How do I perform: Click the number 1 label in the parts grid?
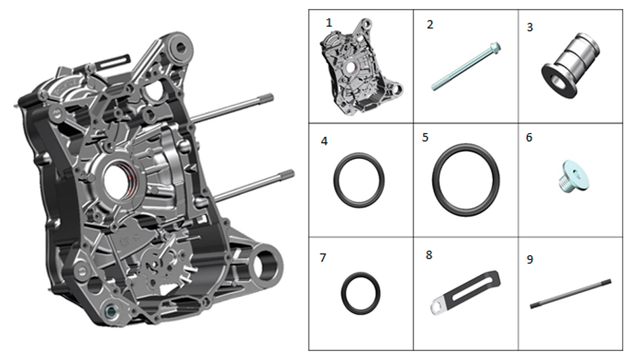point(329,23)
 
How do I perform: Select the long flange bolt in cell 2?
point(466,66)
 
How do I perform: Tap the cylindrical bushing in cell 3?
point(570,65)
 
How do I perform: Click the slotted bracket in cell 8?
point(466,291)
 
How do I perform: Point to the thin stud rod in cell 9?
point(570,294)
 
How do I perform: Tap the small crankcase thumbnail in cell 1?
point(360,67)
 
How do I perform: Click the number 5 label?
point(425,137)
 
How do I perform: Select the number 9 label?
point(530,260)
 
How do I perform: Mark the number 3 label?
point(530,27)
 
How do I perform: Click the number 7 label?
point(323,258)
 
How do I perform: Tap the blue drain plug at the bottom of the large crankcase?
point(110,312)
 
